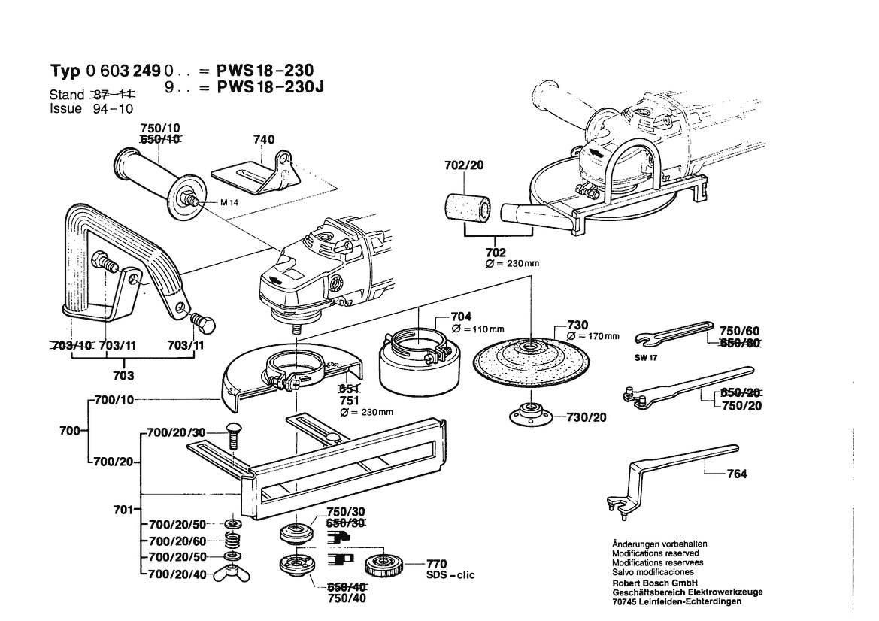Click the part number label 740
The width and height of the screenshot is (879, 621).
265,140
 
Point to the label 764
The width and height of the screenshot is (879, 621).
738,474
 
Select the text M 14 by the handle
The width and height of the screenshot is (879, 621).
229,203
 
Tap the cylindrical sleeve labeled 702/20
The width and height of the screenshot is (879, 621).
465,208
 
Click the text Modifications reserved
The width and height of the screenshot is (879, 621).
655,553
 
